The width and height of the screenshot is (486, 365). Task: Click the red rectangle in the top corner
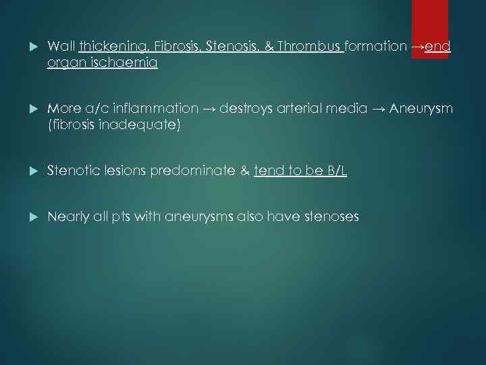point(430,28)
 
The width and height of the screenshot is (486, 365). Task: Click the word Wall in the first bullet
point(61,47)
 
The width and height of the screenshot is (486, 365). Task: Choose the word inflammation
point(157,109)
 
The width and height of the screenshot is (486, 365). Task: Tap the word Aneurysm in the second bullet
point(421,109)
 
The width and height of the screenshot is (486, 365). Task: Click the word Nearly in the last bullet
point(68,217)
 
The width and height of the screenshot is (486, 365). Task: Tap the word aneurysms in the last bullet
point(202,217)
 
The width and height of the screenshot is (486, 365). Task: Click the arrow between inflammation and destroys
point(209,109)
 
